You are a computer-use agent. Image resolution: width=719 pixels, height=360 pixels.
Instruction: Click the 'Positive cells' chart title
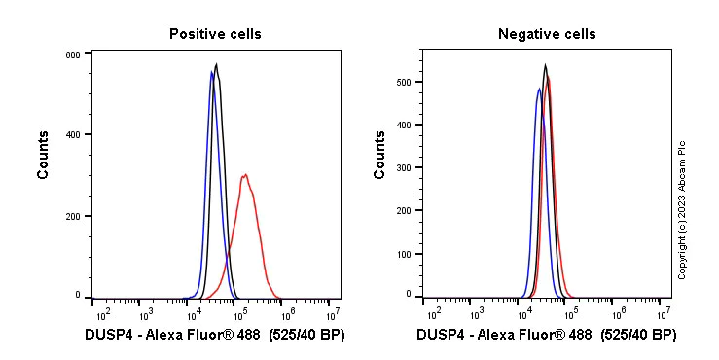215,34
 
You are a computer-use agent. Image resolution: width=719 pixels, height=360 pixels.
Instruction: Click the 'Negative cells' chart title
547,34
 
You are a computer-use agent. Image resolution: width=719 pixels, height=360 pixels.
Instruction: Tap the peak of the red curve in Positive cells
245,175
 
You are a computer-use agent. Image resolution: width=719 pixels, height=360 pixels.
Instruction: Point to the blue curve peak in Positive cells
211,71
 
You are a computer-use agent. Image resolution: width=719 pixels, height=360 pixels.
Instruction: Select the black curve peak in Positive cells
216,65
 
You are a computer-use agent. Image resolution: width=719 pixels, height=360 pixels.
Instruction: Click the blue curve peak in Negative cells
539,89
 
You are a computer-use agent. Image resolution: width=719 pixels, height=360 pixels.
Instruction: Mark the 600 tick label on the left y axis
73,54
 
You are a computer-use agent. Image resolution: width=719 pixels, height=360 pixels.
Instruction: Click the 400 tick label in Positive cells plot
73,135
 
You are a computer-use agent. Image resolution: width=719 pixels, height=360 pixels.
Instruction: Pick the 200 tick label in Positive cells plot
73,215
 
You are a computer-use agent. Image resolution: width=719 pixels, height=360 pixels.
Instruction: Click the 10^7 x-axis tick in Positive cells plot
332,314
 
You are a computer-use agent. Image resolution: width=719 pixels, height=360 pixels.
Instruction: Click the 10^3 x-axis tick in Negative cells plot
477,314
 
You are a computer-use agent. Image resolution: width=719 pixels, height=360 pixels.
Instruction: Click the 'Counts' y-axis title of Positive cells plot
44,155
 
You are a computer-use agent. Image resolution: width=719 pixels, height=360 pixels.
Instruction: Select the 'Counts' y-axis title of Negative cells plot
379,155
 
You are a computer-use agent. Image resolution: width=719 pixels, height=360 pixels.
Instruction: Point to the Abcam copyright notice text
682,209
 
